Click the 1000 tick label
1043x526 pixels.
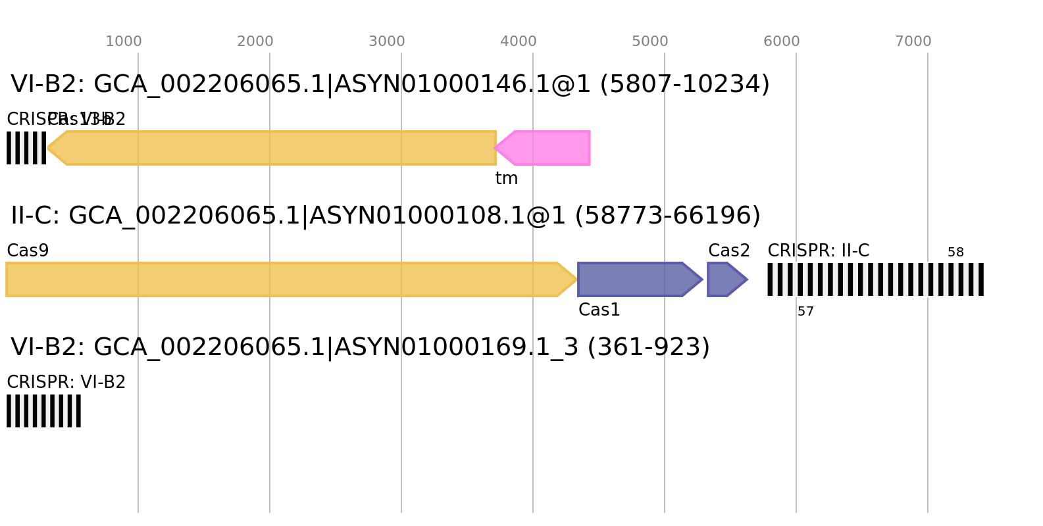[124, 41]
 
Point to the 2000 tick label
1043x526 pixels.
[255, 41]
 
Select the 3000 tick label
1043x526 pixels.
[387, 41]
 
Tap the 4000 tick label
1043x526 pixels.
[519, 41]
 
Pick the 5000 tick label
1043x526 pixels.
[650, 41]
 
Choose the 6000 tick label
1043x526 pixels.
[782, 41]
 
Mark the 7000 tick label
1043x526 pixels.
[913, 41]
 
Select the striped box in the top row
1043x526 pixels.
[26, 148]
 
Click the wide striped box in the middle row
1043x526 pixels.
[875, 279]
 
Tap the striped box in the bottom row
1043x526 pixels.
[43, 411]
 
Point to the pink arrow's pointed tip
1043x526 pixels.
[495, 148]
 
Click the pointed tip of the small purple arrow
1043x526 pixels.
[748, 279]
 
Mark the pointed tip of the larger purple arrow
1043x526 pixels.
[703, 279]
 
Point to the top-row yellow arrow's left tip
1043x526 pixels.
[48, 148]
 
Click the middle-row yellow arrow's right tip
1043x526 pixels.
[577, 279]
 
